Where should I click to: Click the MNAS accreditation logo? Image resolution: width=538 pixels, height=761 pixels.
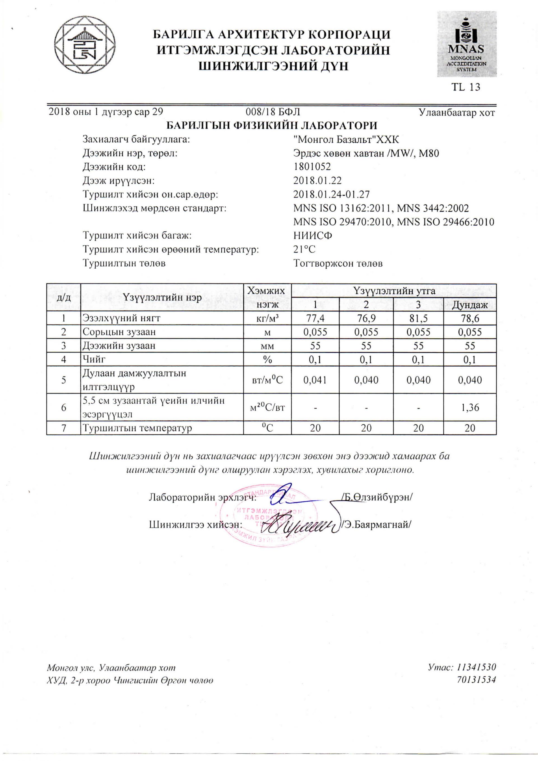click(x=466, y=44)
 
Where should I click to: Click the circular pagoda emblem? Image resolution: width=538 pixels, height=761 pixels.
click(x=85, y=45)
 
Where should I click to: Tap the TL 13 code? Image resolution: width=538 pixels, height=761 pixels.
click(x=465, y=87)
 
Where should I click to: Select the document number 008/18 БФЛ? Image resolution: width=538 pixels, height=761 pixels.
click(x=273, y=112)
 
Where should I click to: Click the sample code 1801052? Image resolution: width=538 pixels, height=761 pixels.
click(x=312, y=166)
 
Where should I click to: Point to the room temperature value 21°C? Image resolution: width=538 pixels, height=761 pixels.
click(x=304, y=249)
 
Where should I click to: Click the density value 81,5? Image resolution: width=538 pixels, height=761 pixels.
click(x=418, y=318)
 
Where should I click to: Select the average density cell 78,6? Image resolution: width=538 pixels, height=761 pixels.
click(x=470, y=318)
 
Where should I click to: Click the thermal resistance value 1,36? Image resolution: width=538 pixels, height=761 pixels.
click(x=470, y=407)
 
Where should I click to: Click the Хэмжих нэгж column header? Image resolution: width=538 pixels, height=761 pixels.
click(x=267, y=297)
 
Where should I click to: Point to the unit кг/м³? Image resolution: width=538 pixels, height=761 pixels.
click(x=267, y=318)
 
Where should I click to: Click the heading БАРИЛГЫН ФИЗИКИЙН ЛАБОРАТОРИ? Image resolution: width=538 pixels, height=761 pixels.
click(x=271, y=125)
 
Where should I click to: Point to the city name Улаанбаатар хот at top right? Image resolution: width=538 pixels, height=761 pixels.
click(x=457, y=113)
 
